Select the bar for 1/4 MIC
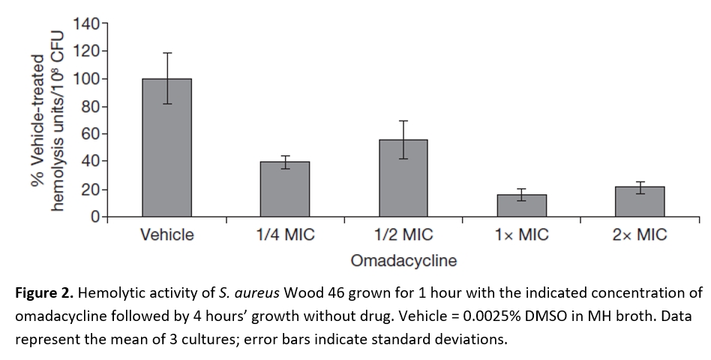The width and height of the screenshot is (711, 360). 285,189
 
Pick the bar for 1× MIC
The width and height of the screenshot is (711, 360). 521,205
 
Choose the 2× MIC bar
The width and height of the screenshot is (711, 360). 640,202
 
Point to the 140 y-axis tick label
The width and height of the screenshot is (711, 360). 87,24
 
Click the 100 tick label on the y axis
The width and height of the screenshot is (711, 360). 87,79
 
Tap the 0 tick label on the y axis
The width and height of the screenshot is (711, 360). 95,217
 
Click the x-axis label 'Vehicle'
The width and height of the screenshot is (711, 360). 166,235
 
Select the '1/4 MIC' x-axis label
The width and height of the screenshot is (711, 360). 285,235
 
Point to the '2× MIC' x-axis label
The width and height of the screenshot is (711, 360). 640,235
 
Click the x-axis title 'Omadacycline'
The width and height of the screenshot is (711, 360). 403,261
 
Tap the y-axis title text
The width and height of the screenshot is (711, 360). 46,120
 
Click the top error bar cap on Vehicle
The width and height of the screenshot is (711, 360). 166,53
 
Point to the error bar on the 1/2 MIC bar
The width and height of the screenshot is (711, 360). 403,139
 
